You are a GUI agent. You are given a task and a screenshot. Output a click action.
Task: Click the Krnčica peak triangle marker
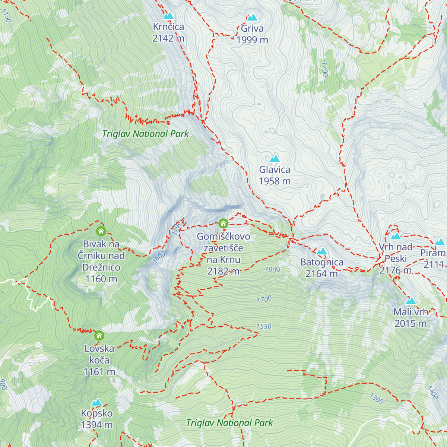pos(169,16)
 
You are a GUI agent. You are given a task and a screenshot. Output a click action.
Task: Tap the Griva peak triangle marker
pos(253,18)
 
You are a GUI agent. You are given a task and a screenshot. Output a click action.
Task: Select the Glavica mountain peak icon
pos(275,159)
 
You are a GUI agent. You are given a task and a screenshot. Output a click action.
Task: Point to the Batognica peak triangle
pos(322,251)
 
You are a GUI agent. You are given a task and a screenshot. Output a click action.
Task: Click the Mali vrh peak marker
pos(410,301)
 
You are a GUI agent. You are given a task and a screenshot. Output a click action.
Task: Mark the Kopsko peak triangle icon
pos(97,402)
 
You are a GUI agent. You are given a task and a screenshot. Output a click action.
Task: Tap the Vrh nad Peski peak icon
pos(396,236)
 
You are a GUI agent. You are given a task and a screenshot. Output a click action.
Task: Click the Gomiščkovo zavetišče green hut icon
pos(223,223)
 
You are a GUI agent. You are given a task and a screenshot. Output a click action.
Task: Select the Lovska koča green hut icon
pos(99,335)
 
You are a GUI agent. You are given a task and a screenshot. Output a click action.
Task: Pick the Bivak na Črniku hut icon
pos(101,231)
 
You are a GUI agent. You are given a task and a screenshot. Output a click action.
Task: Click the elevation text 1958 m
pos(275,181)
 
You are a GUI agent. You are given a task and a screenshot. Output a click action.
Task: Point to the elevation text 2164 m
pos(321,274)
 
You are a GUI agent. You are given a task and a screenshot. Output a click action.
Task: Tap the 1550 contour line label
pos(264,326)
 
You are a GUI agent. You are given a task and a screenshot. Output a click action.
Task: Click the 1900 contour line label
pos(272,269)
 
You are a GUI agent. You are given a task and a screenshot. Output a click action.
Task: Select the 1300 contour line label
pos(376,399)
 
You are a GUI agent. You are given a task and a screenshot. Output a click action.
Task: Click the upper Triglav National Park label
pos(145,134)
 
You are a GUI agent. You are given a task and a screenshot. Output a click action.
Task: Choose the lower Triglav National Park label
pos(229,423)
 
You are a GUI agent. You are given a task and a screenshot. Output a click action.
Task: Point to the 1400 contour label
pos(432,393)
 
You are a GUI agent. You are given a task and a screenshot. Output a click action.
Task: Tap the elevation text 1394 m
pos(96,425)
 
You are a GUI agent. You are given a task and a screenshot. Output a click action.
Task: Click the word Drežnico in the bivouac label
pos(101,267)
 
